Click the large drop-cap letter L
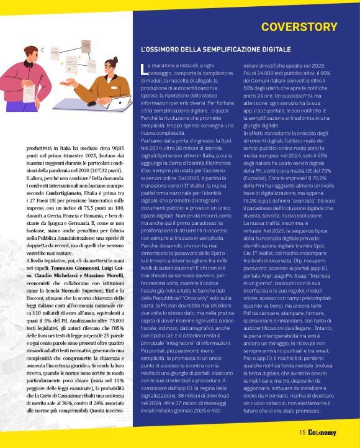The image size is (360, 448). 144,68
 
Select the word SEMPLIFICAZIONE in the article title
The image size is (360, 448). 223,48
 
